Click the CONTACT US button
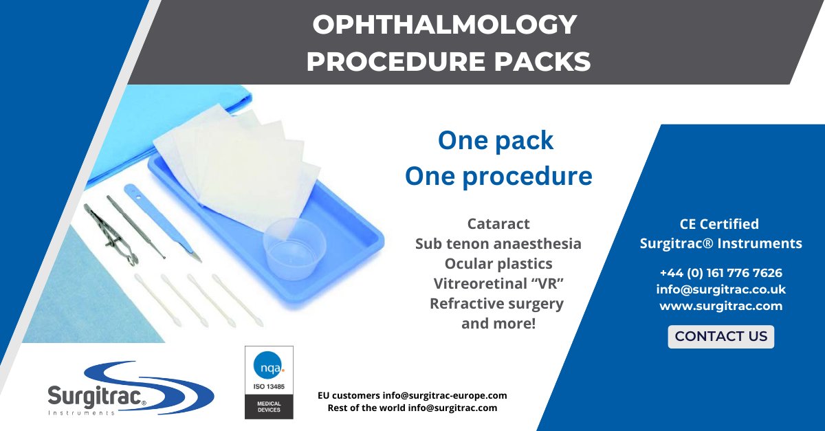coord(720,337)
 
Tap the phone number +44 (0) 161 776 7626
coord(720,273)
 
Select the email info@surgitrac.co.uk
coord(720,289)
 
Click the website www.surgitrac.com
coord(720,306)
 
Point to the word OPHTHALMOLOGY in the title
coord(444,26)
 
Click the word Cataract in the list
coord(498,224)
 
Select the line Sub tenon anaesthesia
coord(498,244)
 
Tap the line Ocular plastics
coord(498,264)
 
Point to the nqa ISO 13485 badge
coord(269,382)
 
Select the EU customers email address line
coord(412,396)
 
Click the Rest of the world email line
coord(412,408)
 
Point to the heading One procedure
coord(498,177)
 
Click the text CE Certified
coord(720,224)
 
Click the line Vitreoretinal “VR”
coord(498,284)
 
